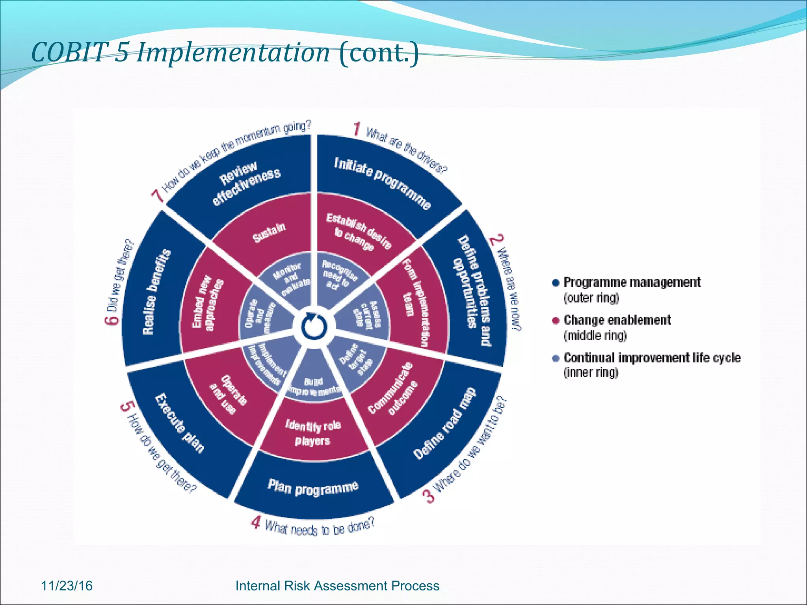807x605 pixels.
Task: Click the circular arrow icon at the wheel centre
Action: pos(314,327)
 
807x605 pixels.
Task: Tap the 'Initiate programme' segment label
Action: pos(382,183)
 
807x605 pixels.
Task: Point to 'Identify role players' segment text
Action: pos(313,432)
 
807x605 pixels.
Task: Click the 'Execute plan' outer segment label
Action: pos(180,423)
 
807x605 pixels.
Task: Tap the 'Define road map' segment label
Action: pos(444,423)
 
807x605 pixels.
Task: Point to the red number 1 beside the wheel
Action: pos(357,129)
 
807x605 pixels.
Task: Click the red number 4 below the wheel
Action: pos(256,523)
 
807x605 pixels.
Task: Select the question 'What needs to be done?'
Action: pos(319,527)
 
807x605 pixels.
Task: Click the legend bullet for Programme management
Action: pos(556,282)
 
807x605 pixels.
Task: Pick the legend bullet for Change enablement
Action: pos(556,320)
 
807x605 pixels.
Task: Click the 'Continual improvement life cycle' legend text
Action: pos(652,358)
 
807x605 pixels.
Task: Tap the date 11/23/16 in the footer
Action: pos(67,586)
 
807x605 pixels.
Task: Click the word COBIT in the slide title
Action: pos(69,52)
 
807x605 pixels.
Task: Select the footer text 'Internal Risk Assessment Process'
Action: pos(337,586)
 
